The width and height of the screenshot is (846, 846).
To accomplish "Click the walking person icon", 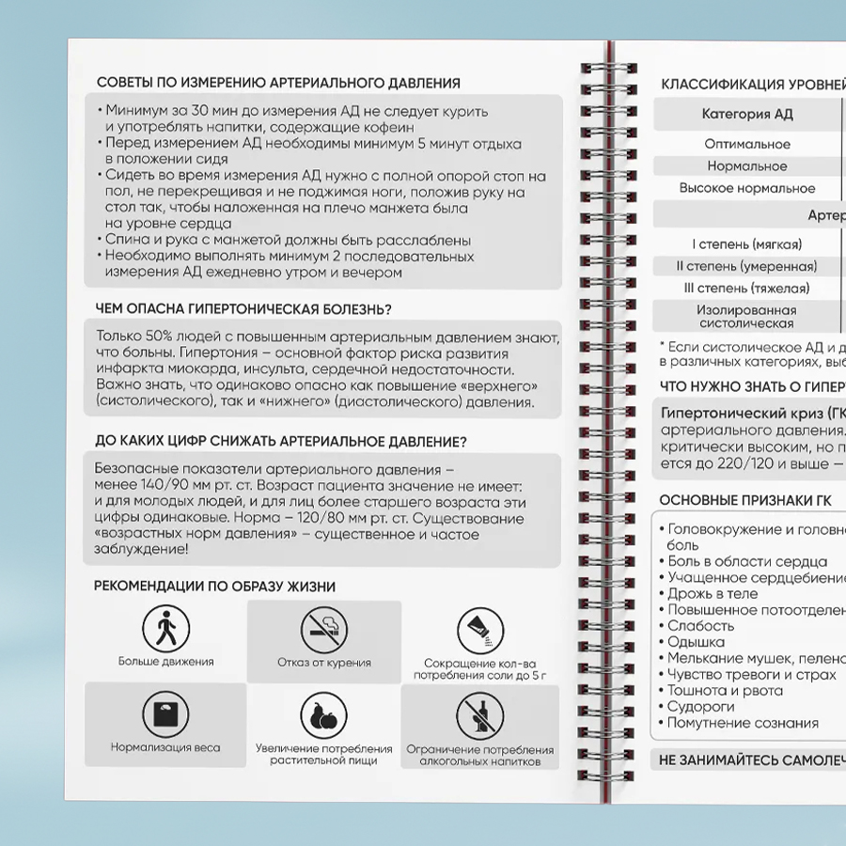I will (x=165, y=628).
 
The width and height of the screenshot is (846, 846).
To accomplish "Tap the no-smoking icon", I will (x=323, y=628).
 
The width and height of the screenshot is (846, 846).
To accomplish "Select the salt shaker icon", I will (x=479, y=628).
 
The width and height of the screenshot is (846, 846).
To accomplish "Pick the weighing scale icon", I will (x=165, y=714).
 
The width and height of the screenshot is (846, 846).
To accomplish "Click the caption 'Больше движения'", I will (x=165, y=662).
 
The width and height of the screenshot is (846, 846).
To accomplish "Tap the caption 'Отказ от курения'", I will (x=323, y=662).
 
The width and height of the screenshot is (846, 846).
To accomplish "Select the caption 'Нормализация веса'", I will (x=165, y=747).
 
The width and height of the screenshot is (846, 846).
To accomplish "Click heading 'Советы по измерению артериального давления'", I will (x=278, y=83).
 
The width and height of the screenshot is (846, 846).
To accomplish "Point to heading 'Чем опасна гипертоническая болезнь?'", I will (x=243, y=309).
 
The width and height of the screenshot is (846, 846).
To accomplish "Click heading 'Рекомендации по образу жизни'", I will (x=214, y=587).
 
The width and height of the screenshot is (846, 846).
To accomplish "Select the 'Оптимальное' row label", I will (x=747, y=144).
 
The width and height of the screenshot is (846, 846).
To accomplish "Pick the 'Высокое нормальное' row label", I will (x=747, y=188).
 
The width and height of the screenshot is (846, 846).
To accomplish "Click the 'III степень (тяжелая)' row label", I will (x=746, y=288).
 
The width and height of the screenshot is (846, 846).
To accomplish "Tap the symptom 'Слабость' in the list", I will (x=700, y=626).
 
